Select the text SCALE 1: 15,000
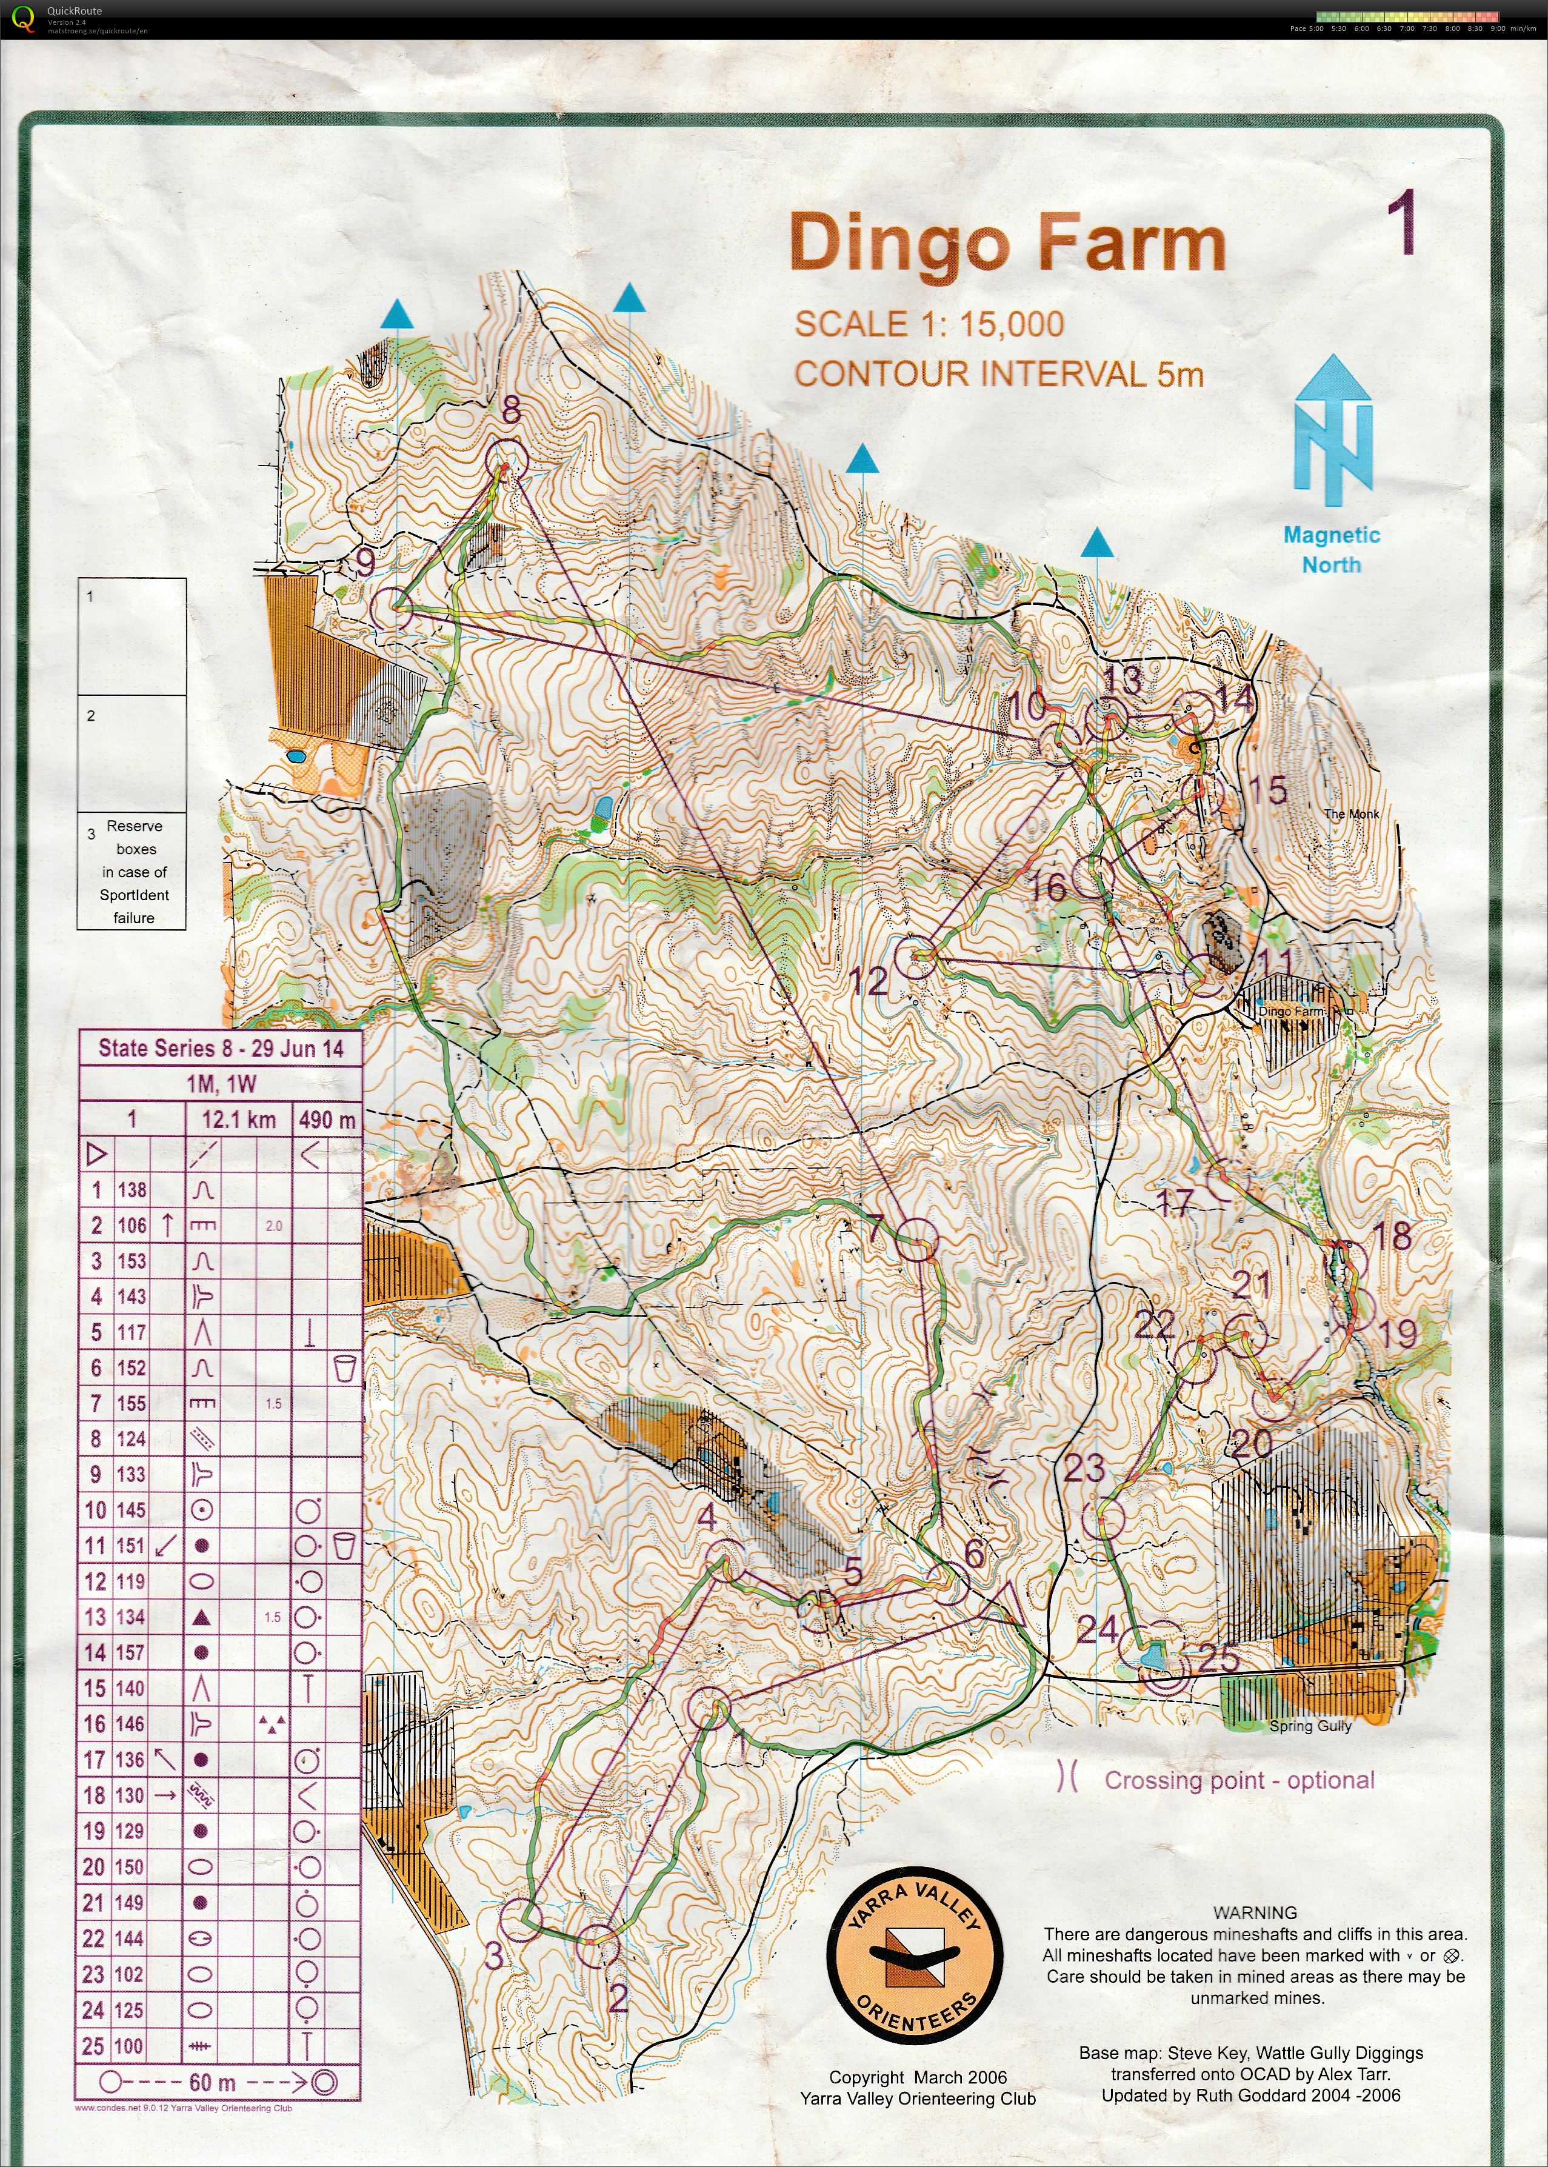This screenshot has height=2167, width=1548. coord(929,324)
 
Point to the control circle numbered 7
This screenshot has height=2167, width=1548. coord(918,1240)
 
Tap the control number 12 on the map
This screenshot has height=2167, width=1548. coord(867,981)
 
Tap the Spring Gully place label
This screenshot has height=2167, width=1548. coord(1310,1726)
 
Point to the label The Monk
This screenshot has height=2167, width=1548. coord(1350,814)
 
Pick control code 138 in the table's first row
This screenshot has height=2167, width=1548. coord(132,1190)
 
